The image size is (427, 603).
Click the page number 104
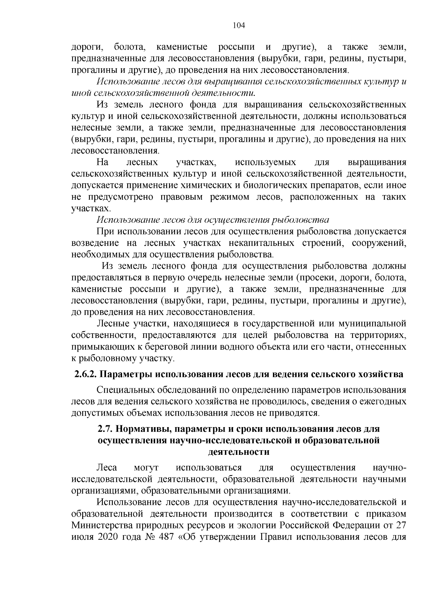(239, 25)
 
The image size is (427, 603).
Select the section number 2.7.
(105, 429)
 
